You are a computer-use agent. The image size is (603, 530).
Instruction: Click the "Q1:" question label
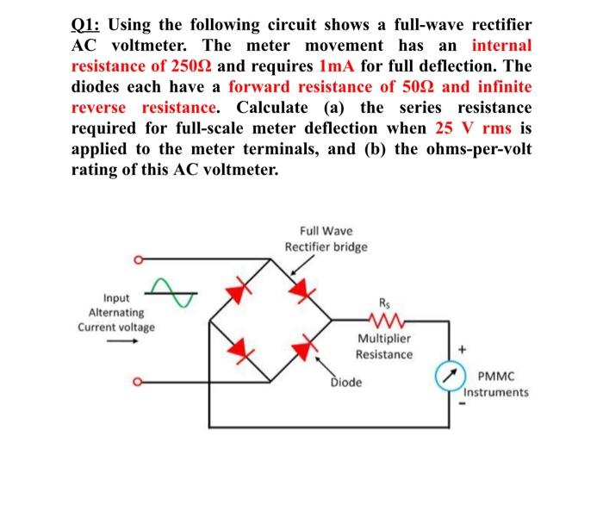coord(87,25)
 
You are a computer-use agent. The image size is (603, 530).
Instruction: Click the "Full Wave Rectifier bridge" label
coord(326,239)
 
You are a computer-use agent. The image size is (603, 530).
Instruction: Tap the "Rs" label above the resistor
coord(384,302)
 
